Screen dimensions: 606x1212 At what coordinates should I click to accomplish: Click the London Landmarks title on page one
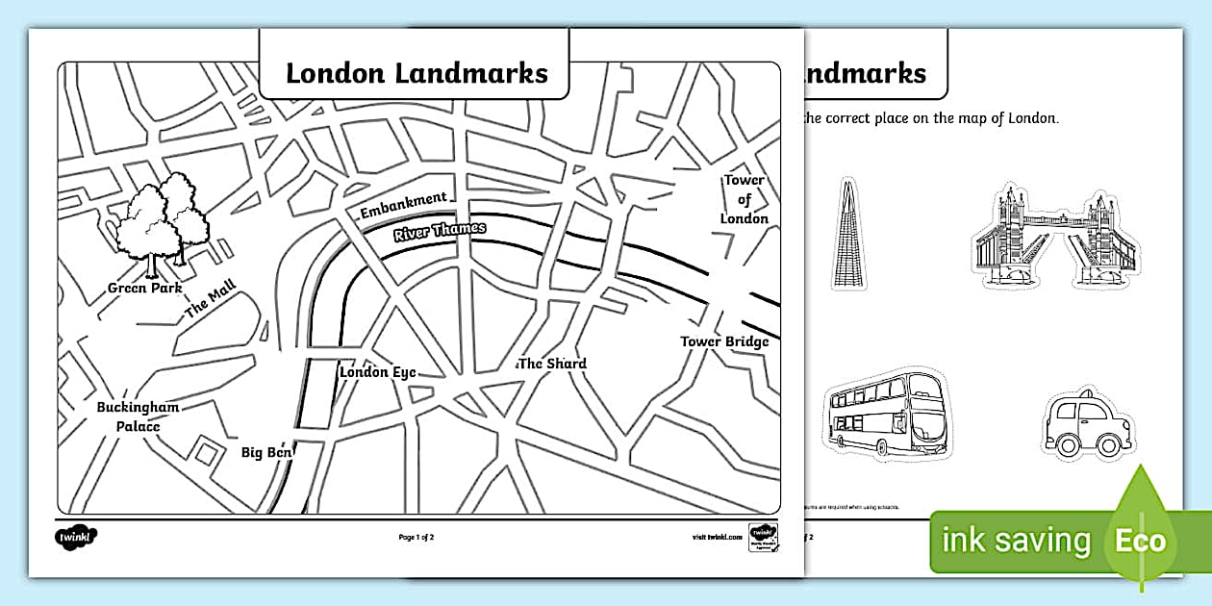click(x=417, y=73)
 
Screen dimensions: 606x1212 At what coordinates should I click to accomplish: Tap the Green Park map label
click(x=145, y=288)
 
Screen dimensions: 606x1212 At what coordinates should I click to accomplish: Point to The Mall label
click(x=210, y=297)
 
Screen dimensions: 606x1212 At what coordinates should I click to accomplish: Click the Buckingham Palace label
click(x=138, y=417)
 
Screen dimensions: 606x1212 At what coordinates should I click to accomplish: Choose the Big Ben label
click(x=266, y=452)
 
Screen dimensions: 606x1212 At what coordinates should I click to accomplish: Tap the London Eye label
click(x=377, y=372)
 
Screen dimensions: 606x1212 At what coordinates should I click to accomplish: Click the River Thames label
click(x=439, y=232)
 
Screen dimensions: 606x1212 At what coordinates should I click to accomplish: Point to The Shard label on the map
click(x=552, y=364)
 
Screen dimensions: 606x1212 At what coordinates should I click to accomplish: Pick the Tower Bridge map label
click(x=724, y=341)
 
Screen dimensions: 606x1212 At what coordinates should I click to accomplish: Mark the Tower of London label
click(x=745, y=199)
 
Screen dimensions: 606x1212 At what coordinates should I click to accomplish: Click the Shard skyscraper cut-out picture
click(x=847, y=233)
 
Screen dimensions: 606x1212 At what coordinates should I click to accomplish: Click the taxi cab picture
click(x=1084, y=425)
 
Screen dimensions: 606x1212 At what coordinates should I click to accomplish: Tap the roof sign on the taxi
click(x=1083, y=394)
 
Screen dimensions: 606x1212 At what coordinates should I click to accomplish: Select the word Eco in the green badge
click(x=1141, y=541)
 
